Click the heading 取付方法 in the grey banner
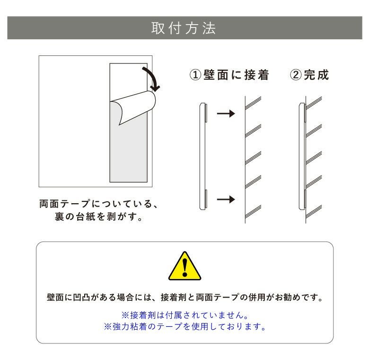click(x=184, y=28)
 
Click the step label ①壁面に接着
click(x=229, y=75)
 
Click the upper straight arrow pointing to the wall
click(x=225, y=114)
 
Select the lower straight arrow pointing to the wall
click(x=225, y=199)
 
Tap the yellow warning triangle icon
click(x=185, y=266)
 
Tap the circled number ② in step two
click(x=295, y=75)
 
